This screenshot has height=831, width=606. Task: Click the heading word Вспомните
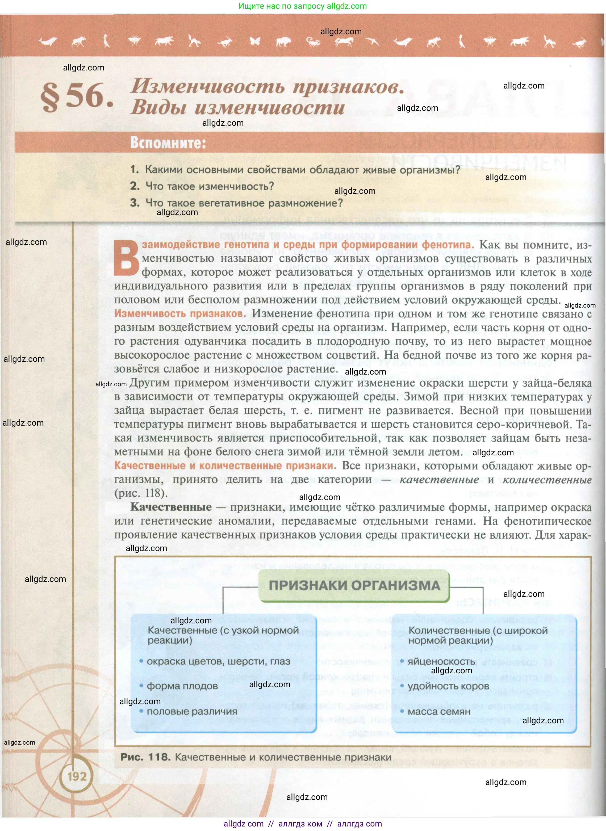(x=168, y=143)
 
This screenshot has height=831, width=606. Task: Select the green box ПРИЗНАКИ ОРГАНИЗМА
(x=354, y=585)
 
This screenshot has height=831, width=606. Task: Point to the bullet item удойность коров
(x=448, y=686)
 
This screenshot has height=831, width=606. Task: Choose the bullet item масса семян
(x=439, y=711)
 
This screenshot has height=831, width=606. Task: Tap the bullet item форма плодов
(x=182, y=686)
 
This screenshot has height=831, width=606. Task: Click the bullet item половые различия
(x=192, y=711)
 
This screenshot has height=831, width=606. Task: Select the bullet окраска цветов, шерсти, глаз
(x=218, y=661)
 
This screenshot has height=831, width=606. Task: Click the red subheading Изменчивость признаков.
(x=180, y=313)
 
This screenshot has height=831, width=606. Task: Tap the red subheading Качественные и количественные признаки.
(x=225, y=465)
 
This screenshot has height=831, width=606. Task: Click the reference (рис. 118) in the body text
(x=141, y=493)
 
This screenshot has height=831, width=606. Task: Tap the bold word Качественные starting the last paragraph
(x=171, y=507)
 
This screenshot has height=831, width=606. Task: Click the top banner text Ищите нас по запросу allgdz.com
(x=303, y=6)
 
